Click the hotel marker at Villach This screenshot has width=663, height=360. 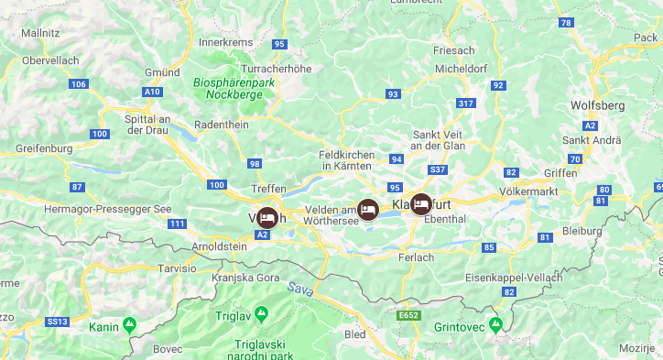point(266,218)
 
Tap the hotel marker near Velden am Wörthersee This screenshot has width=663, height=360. point(368,210)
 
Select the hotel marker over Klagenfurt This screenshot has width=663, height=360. point(421,204)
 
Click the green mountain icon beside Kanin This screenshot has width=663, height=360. point(130,325)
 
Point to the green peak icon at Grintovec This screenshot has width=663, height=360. point(495,324)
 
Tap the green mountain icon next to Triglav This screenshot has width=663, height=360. point(261,314)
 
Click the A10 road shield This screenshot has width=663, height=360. point(152,92)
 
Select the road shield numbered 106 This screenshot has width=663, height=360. point(79,84)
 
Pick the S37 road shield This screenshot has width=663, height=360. point(438,169)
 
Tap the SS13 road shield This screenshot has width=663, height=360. point(58,322)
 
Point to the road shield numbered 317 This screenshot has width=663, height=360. point(466,104)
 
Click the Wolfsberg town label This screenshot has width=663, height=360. point(597,105)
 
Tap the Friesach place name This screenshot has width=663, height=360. point(454,51)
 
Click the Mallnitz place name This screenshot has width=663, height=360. point(40,33)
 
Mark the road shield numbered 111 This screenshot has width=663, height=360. point(178,224)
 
